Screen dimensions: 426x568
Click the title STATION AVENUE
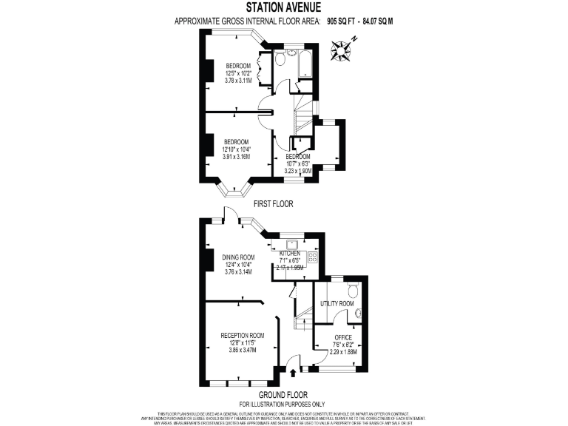(x=283, y=8)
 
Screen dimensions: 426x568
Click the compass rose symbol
(x=342, y=50)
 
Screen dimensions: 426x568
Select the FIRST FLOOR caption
(x=274, y=203)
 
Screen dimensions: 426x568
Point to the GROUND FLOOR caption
(x=283, y=394)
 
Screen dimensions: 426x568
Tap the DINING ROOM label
(x=238, y=257)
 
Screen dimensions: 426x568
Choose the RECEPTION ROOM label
(x=243, y=335)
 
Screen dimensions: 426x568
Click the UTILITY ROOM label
(x=337, y=304)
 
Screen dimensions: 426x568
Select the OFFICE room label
(x=342, y=337)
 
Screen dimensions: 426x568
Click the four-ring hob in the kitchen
(x=313, y=257)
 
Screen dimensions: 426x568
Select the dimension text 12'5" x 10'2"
(x=239, y=72)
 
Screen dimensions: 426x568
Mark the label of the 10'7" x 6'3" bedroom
(x=297, y=157)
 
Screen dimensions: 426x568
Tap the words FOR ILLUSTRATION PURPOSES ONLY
(x=283, y=403)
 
